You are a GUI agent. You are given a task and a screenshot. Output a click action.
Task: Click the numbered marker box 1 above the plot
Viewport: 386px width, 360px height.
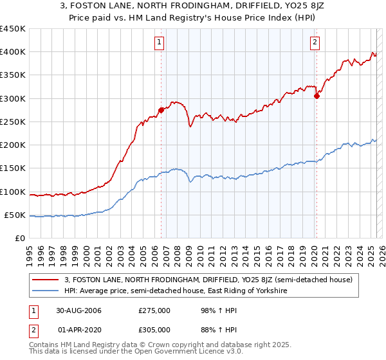click(159, 43)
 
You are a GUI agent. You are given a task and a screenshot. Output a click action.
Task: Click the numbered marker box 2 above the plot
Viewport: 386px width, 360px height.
click(315, 43)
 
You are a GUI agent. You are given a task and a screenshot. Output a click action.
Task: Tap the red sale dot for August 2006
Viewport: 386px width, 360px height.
click(161, 110)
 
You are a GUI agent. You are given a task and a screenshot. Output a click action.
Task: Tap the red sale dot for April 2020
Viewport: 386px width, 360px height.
click(317, 96)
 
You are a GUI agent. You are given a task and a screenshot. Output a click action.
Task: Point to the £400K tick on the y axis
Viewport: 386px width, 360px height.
click(12, 52)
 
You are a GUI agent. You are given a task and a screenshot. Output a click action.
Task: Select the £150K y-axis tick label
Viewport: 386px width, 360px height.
click(12, 168)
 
